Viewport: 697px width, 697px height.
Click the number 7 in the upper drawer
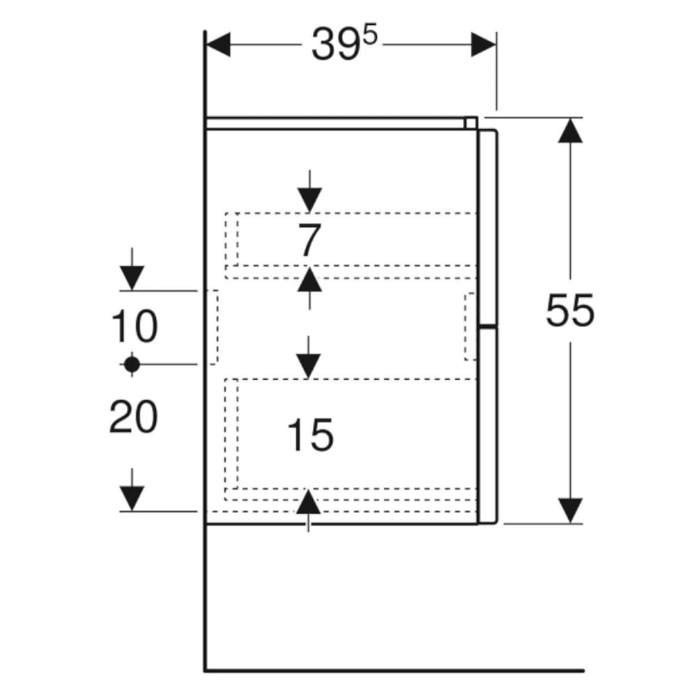point(308,240)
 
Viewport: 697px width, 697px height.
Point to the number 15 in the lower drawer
point(310,436)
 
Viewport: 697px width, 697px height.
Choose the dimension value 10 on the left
point(134,328)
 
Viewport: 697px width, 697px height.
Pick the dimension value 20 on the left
point(134,418)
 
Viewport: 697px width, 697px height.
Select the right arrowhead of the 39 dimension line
point(483,45)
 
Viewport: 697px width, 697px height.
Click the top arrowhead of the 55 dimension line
point(570,130)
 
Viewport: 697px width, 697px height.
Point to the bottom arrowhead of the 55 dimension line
point(570,510)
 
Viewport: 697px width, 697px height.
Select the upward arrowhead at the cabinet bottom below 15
point(308,502)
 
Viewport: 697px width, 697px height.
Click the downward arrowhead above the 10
point(132,278)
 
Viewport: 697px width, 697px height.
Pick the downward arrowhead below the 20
point(132,498)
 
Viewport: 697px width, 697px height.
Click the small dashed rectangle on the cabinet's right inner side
point(470,326)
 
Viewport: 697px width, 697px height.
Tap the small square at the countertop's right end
point(471,123)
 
